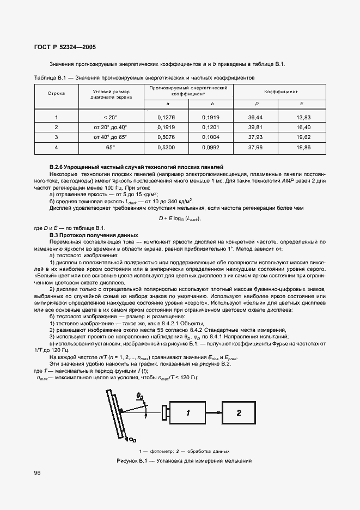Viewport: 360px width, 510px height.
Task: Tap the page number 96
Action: (38, 472)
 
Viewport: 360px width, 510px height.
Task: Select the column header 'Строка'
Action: (56, 93)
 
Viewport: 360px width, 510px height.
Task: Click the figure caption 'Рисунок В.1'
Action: (183, 462)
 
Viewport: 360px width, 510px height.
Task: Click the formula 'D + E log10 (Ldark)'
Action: (180, 218)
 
